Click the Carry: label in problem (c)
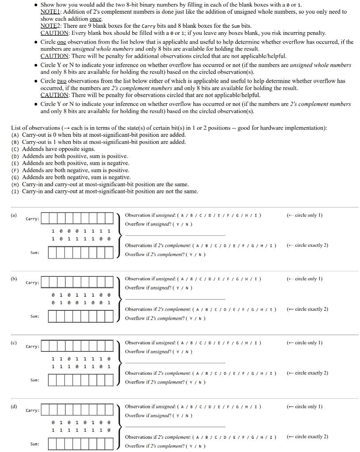click(32, 347)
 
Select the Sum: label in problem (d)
click(34, 444)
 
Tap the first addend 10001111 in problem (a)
click(81, 231)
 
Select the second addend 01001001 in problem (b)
click(81, 302)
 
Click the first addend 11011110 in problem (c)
click(81, 358)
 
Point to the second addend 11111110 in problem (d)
click(81, 430)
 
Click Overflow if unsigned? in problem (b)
click(159, 288)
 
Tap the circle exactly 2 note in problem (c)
click(308, 373)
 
